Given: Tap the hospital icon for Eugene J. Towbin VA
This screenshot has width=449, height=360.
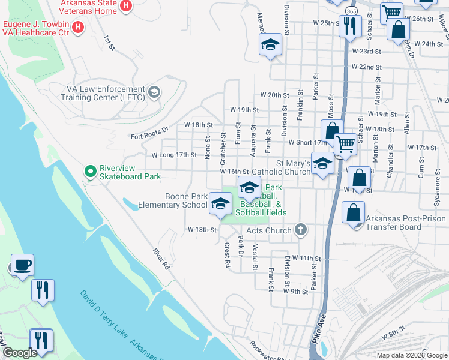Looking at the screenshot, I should coord(77,26).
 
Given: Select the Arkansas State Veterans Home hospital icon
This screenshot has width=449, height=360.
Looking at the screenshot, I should coord(125,6).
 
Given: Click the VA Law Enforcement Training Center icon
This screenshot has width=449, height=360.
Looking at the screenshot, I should coord(154,92).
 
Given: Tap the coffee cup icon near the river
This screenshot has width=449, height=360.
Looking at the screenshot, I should coord(22,265).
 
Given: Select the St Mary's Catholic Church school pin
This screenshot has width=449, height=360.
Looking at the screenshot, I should coord(322,164).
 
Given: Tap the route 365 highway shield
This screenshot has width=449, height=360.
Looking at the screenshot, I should coord(349,11).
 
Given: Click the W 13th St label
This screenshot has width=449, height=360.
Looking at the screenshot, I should coord(201,230).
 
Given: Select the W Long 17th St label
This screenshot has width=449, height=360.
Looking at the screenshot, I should coord(174,155).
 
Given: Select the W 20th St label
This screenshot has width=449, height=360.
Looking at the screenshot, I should coord(274,95).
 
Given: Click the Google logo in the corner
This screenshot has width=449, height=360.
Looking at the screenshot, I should coord(20,353).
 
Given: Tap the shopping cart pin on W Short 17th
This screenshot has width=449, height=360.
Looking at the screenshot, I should coord(345,145).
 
